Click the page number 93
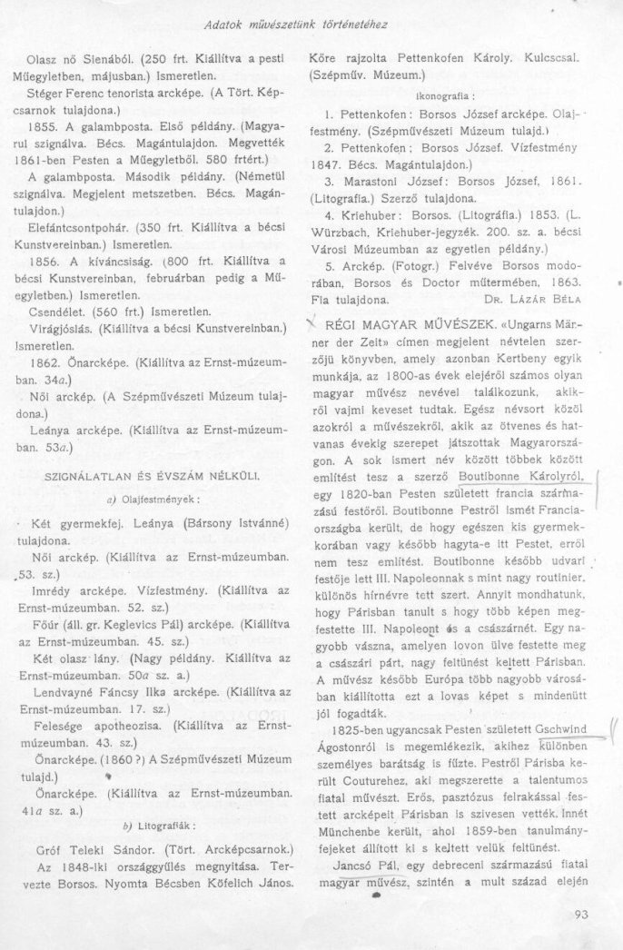coord(582,915)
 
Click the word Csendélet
coord(57,307)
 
